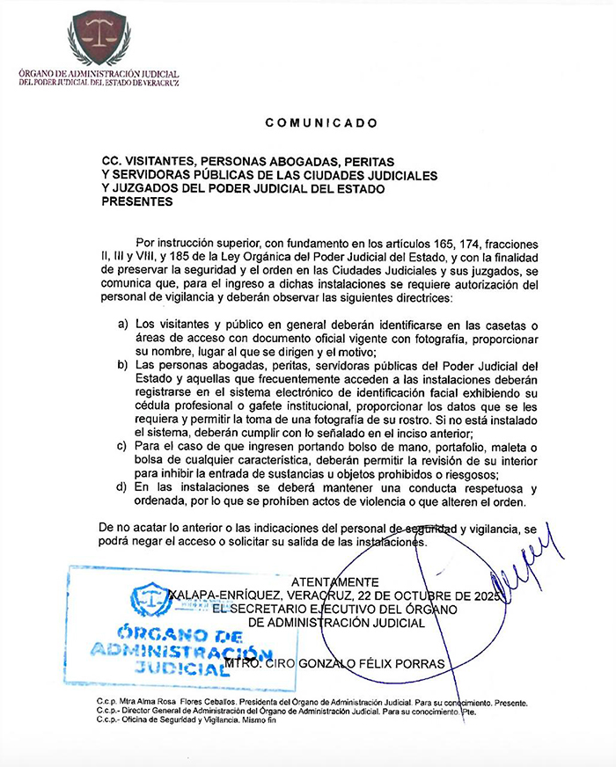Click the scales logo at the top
[99, 37]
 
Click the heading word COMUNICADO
[321, 123]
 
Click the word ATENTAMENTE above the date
[335, 582]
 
